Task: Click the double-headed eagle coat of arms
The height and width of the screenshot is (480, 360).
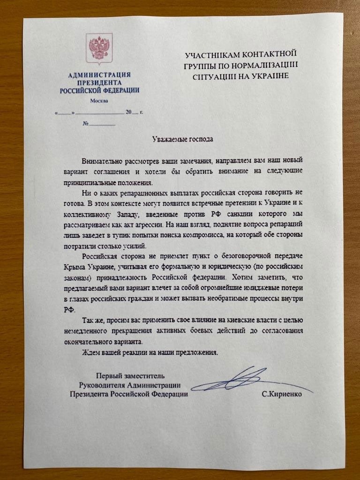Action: pyautogui.click(x=100, y=47)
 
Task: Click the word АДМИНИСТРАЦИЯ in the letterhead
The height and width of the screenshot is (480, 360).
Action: pyautogui.click(x=99, y=75)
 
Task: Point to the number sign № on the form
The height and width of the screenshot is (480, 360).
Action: pyautogui.click(x=86, y=124)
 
